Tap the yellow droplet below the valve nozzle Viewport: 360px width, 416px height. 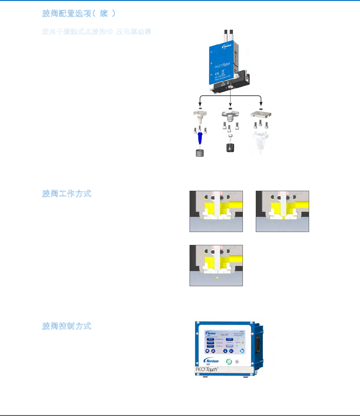point(217,278)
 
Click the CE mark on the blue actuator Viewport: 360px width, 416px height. point(217,74)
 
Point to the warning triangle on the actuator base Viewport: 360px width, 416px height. point(223,84)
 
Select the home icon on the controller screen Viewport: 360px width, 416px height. point(207,351)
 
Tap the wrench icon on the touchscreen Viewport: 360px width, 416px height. point(213,351)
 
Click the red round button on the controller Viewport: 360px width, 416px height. point(237,362)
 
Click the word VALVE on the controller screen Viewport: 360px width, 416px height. point(224,335)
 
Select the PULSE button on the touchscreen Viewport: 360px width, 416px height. point(210,343)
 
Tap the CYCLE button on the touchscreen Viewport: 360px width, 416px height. point(210,346)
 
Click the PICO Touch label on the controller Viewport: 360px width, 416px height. point(207,369)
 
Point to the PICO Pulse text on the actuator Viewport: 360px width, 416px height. point(222,65)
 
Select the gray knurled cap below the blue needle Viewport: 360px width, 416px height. point(200,153)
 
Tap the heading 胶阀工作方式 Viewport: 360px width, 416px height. point(67,194)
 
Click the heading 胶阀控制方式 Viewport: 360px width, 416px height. point(67,326)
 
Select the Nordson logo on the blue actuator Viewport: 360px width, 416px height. point(227,47)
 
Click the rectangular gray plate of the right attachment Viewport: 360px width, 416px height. point(261,114)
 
